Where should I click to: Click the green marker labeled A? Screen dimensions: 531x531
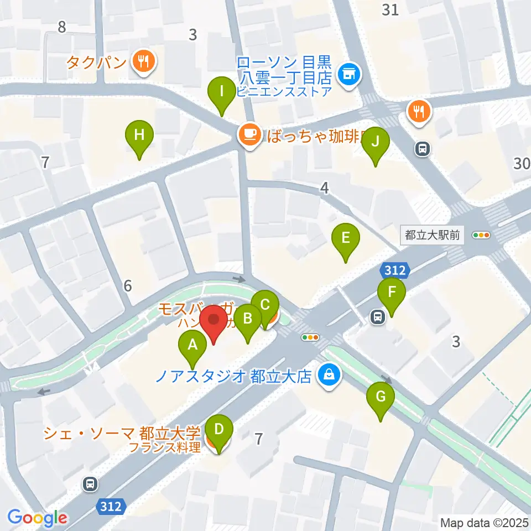[x=192, y=346]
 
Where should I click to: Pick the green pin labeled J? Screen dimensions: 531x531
[x=376, y=142]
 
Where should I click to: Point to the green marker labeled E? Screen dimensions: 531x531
[x=346, y=239]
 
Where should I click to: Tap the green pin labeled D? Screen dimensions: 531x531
[x=219, y=430]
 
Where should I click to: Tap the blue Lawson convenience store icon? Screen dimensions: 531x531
[x=349, y=72]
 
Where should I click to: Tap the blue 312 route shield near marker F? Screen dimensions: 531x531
[x=395, y=270]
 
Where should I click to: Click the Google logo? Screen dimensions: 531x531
[x=37, y=518]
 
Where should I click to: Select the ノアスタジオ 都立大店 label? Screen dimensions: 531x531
[x=235, y=377]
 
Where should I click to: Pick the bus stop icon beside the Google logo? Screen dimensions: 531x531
[x=89, y=484]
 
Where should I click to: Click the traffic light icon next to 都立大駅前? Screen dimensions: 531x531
[x=481, y=235]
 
